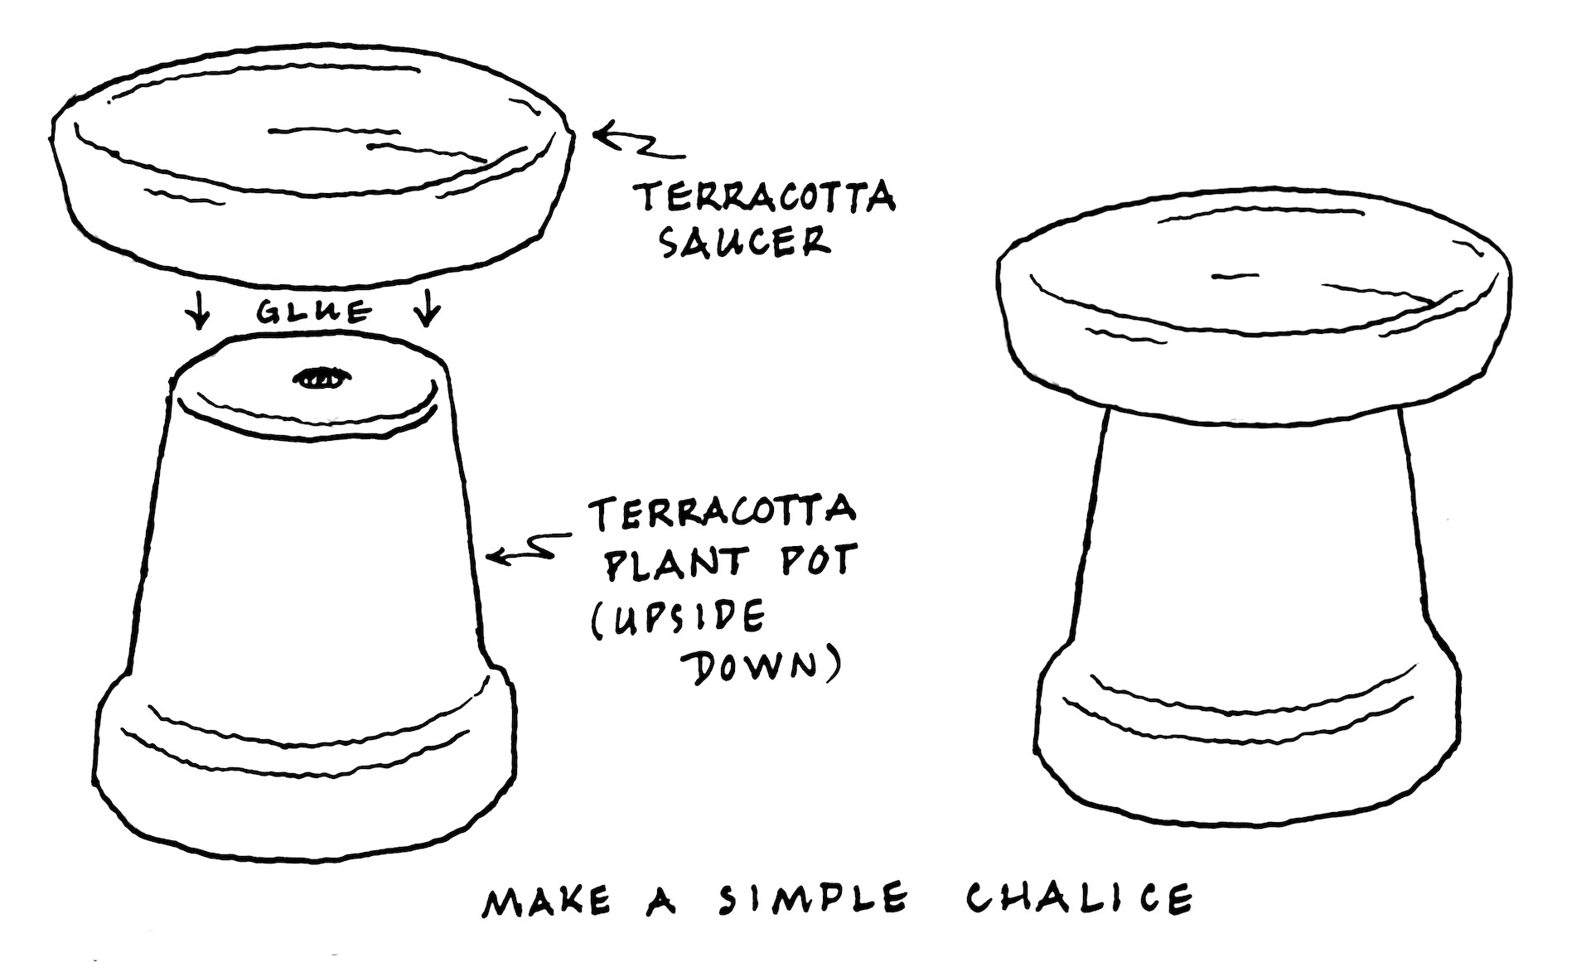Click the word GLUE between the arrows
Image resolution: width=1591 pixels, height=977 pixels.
(312, 312)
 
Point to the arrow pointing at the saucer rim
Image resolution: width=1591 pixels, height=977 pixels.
(638, 142)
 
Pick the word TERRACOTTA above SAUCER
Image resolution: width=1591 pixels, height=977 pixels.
(764, 198)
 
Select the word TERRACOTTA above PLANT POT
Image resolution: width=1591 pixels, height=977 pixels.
(722, 510)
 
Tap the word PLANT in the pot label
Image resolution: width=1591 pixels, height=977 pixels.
(671, 563)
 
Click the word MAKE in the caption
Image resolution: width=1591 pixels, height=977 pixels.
(546, 902)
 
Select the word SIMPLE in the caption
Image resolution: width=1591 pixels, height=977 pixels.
(812, 900)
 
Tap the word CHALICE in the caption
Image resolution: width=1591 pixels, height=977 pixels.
(1079, 898)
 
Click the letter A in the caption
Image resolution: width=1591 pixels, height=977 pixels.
(660, 902)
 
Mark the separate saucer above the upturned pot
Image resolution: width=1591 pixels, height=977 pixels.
(312, 157)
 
